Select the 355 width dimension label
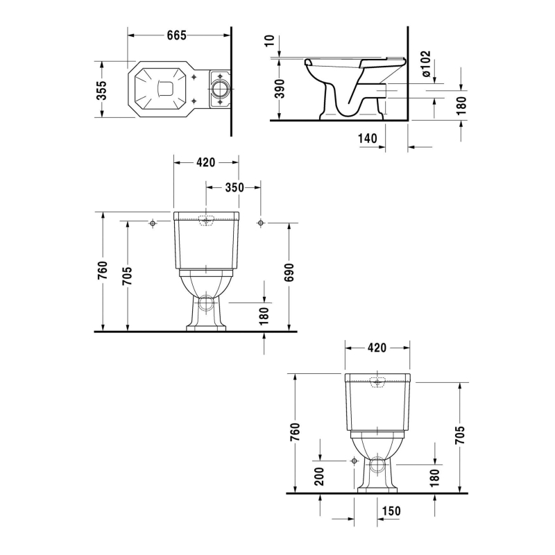101,89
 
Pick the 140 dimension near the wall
368,139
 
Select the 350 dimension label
235,187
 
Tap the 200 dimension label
320,477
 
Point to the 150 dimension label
391,511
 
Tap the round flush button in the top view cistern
219,89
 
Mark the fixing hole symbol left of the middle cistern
152,223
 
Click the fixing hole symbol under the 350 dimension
260,223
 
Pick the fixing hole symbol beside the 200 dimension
354,461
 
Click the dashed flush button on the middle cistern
205,221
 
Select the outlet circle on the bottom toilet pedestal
377,466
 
